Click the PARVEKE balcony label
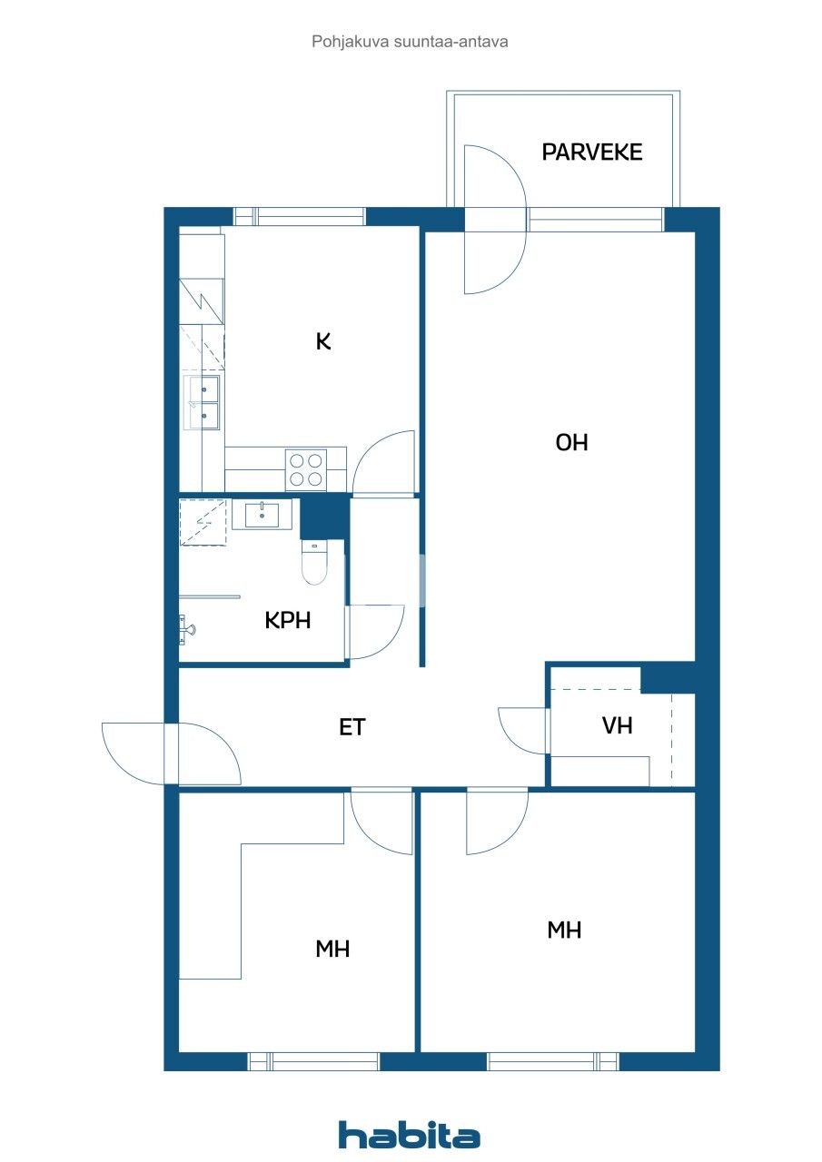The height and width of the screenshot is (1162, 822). (x=591, y=152)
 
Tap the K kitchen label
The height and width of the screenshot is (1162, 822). (x=323, y=341)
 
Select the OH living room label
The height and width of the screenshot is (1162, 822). (x=572, y=442)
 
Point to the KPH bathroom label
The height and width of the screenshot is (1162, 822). (x=288, y=620)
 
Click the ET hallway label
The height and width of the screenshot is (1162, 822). (x=352, y=726)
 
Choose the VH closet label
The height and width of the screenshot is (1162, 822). (x=617, y=726)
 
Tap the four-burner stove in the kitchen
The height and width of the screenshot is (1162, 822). (x=305, y=469)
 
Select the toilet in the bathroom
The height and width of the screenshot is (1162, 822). (x=313, y=562)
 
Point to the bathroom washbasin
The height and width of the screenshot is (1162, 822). (x=262, y=515)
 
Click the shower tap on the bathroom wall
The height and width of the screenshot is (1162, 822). (x=185, y=625)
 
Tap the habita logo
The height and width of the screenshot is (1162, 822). (x=409, y=1135)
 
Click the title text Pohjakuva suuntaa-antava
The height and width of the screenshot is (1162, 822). (x=410, y=41)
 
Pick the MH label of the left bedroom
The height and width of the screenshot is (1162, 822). (x=332, y=949)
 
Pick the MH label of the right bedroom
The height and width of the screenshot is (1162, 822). (x=564, y=930)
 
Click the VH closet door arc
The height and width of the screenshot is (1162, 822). (x=520, y=729)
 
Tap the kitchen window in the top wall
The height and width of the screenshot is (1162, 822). (x=300, y=216)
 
